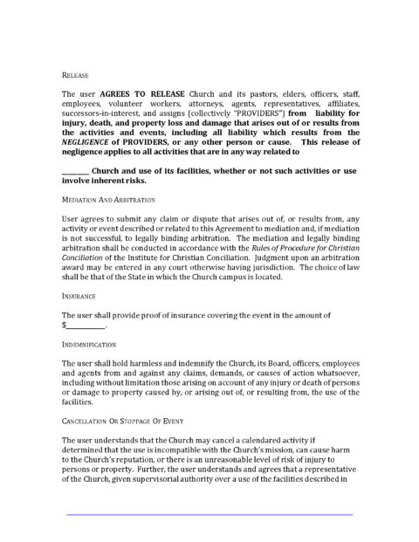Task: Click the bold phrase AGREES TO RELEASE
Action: pyautogui.click(x=127, y=93)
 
